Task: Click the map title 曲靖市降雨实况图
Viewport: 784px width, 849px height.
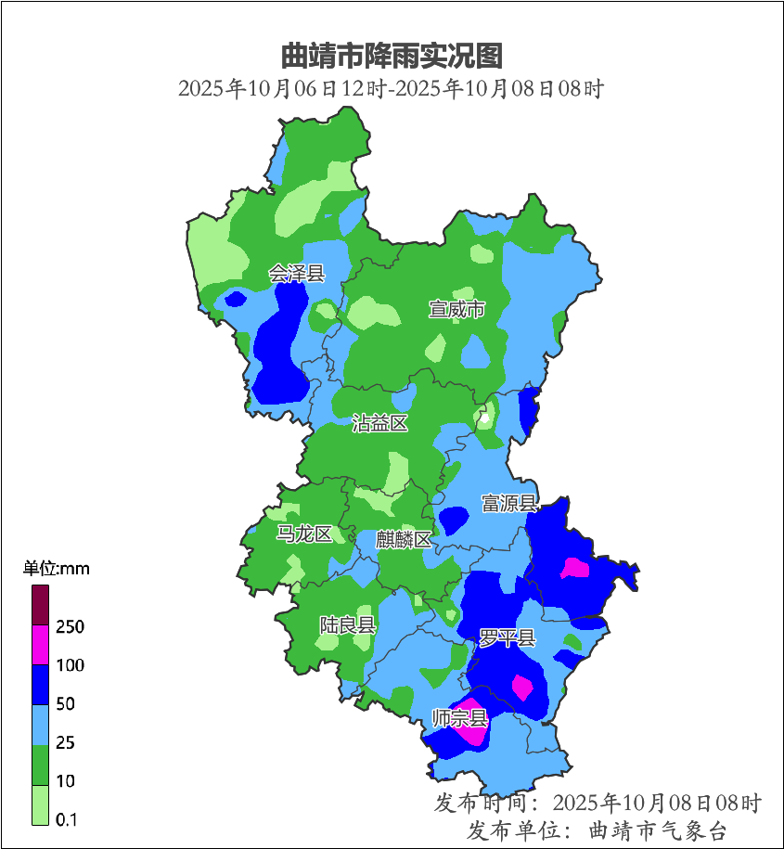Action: click(x=391, y=56)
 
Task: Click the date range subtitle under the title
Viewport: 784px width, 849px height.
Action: click(x=391, y=89)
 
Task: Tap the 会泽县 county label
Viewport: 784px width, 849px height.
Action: click(x=297, y=273)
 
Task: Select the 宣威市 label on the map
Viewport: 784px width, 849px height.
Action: click(x=456, y=309)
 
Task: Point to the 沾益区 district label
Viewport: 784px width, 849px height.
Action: click(x=379, y=424)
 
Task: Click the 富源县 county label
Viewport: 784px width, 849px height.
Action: click(x=509, y=503)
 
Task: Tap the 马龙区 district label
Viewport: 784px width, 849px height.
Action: click(x=304, y=534)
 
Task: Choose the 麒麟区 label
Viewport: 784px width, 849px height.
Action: click(x=404, y=539)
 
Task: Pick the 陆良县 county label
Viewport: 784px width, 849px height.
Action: click(x=347, y=624)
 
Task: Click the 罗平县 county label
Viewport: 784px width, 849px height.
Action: click(x=507, y=637)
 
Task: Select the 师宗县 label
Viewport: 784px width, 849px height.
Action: click(x=459, y=717)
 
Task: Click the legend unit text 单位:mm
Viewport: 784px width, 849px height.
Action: click(x=56, y=569)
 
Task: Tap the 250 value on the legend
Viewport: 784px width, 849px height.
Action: click(x=70, y=627)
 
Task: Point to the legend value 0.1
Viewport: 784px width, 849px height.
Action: click(x=66, y=819)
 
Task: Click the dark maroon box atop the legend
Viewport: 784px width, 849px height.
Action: click(x=40, y=604)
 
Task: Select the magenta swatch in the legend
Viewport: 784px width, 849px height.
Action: click(x=40, y=644)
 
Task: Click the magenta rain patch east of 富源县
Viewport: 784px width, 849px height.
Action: click(x=576, y=567)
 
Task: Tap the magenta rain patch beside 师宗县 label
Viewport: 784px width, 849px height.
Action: click(x=474, y=729)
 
